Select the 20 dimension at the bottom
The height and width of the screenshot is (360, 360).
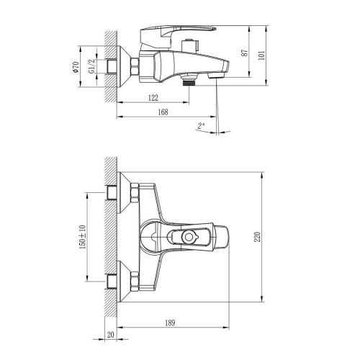(110, 334)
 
